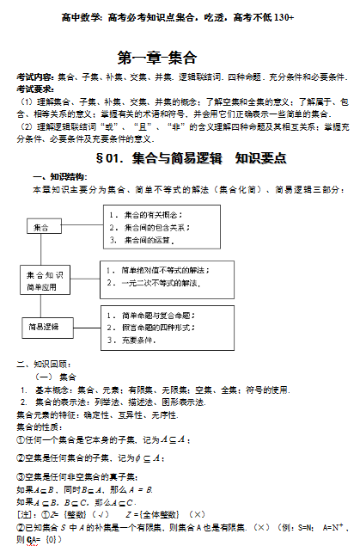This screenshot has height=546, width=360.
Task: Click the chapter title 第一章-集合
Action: click(x=156, y=58)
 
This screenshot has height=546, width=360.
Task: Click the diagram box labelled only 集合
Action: click(x=42, y=227)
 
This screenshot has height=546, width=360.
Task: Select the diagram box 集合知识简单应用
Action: click(x=45, y=279)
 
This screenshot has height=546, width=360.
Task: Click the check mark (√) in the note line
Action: click(x=102, y=515)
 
